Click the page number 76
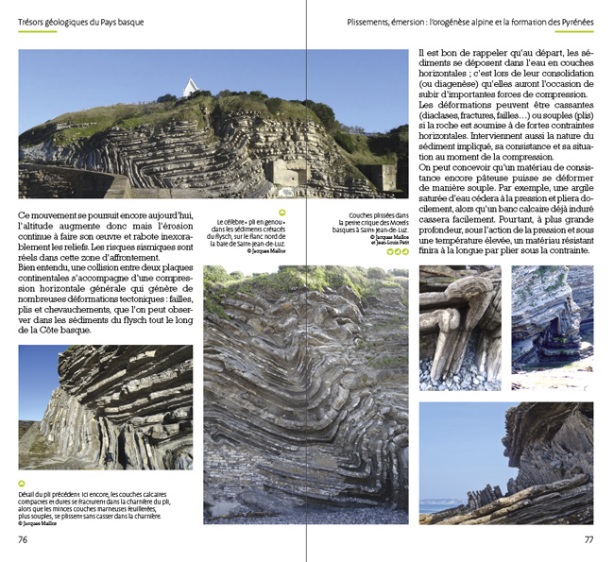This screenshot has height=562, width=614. tap(24, 540)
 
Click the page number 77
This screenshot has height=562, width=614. tap(588, 540)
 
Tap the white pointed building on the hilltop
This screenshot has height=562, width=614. tap(192, 88)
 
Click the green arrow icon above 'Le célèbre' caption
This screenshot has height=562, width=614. tap(281, 213)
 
